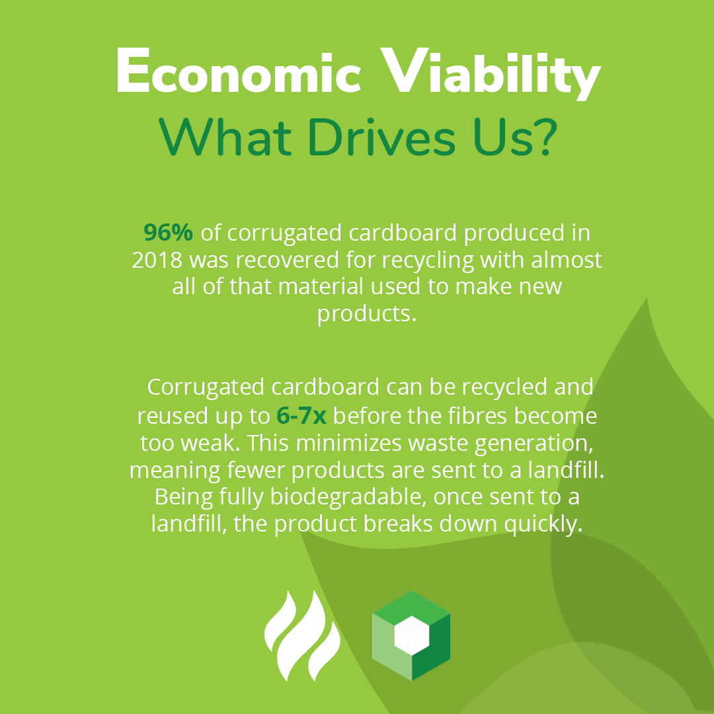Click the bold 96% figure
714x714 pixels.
coord(169,233)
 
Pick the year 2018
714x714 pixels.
coord(157,260)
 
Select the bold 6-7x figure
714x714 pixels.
coord(301,416)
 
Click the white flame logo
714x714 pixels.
coord(302,635)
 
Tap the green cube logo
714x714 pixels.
coord(411,635)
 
